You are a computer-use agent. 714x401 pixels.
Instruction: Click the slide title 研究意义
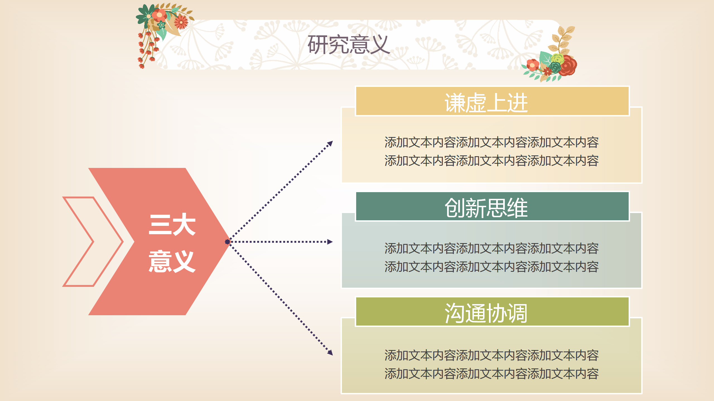349,45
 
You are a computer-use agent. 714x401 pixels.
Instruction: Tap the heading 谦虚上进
486,103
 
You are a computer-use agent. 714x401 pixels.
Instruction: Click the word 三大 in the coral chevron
172,224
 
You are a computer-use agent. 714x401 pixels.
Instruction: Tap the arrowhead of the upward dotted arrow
330,144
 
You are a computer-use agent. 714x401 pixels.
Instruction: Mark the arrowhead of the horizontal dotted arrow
330,242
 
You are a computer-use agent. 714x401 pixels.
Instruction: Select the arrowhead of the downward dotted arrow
330,353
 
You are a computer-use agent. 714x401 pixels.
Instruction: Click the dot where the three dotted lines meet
228,242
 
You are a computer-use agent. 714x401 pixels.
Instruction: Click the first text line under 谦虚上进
491,143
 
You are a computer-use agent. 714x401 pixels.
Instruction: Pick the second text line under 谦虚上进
491,161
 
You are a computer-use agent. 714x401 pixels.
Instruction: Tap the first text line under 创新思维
491,248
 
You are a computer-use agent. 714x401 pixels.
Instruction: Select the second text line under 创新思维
491,267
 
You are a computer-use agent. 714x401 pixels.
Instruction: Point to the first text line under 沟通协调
491,355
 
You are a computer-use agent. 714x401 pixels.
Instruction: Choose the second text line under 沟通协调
491,374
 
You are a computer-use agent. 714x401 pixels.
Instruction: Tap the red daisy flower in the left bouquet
181,22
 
